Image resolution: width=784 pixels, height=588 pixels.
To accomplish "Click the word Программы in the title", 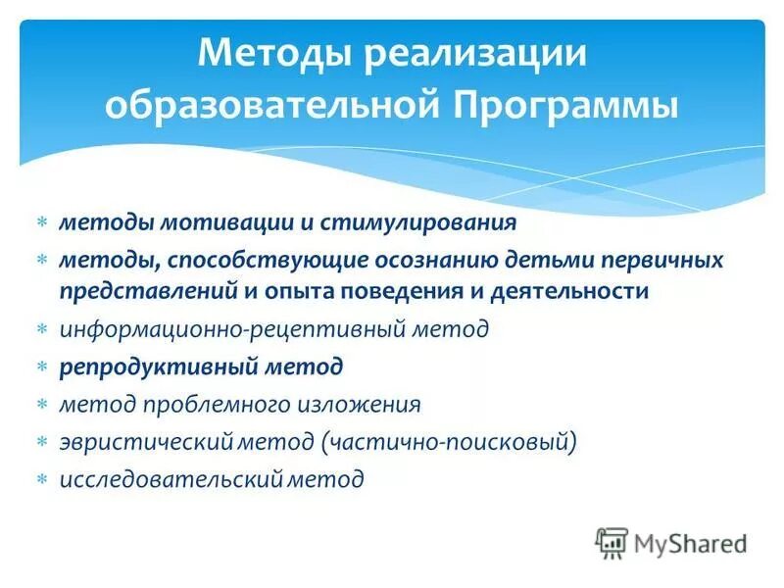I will point(565,104).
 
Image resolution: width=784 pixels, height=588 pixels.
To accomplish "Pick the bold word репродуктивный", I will point(161,367).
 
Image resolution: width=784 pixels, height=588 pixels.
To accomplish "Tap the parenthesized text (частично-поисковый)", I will point(446,442).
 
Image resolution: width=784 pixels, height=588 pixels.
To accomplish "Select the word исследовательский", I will point(171,479).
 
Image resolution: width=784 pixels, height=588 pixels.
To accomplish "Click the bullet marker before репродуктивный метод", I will point(42,367).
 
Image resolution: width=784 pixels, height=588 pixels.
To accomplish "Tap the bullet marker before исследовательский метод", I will point(42,480).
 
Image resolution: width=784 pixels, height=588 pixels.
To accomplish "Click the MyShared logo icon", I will point(612,542).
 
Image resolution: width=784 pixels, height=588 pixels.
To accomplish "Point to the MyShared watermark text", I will point(690,543).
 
